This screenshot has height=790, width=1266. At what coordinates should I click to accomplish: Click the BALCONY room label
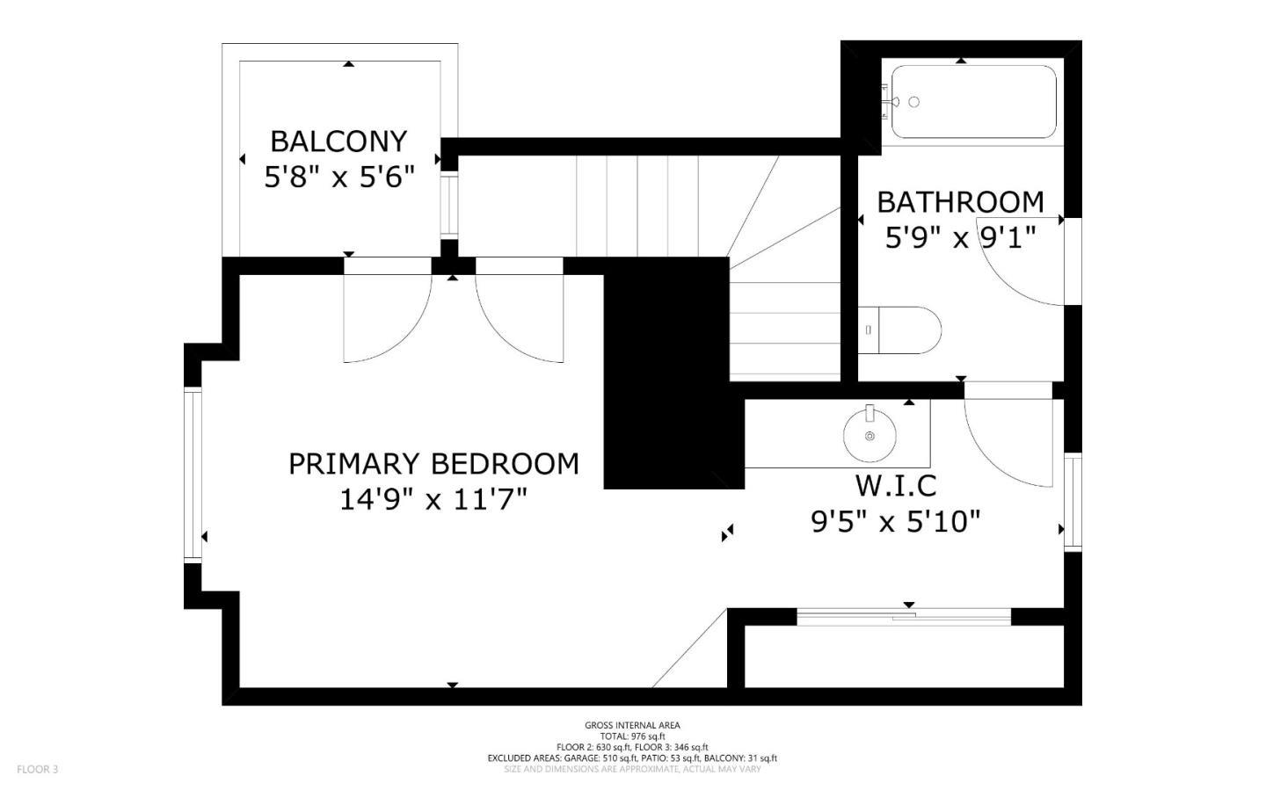[338, 141]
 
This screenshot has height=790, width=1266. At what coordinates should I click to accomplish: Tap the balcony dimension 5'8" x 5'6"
[338, 178]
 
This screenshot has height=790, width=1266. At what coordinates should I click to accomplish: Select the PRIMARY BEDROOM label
[433, 463]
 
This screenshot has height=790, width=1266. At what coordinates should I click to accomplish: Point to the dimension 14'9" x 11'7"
[433, 500]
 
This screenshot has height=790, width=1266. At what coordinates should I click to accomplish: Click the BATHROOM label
[960, 202]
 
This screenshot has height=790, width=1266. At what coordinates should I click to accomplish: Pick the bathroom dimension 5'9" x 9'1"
[960, 238]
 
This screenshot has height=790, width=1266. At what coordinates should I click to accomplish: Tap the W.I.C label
[895, 485]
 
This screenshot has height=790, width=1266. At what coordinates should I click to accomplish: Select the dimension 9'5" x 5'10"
[895, 522]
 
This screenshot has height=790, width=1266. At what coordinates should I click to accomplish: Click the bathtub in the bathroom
[973, 102]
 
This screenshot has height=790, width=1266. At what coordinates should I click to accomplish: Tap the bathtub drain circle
[913, 102]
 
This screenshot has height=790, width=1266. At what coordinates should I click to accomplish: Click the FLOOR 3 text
[37, 770]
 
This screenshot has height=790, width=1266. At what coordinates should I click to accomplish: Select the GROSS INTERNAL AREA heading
[632, 725]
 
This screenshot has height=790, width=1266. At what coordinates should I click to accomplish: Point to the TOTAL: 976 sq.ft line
[632, 736]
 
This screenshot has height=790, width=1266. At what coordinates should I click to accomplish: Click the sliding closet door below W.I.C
[904, 617]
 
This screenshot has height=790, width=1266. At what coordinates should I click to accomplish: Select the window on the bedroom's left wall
[192, 475]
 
